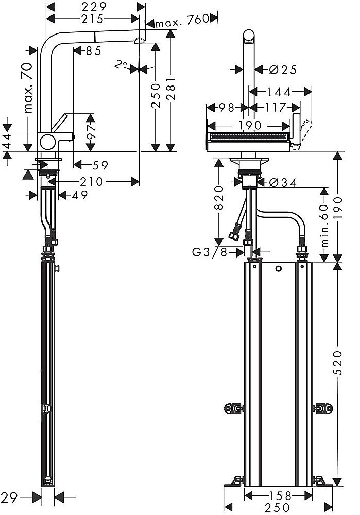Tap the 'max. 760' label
pos(182,21)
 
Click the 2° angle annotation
pos(121,64)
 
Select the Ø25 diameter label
pos(282,69)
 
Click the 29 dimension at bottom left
pos(11,497)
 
